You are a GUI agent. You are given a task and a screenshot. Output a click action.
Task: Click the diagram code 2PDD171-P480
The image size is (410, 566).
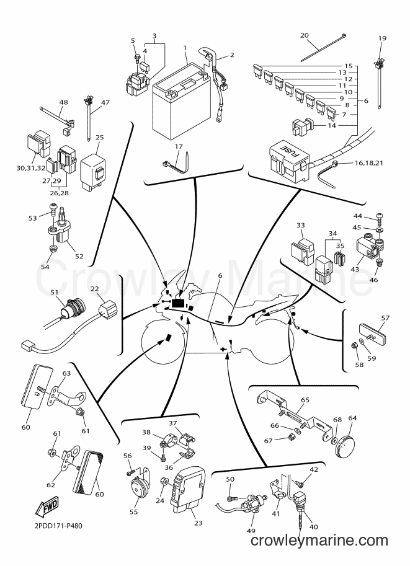pos(58,526)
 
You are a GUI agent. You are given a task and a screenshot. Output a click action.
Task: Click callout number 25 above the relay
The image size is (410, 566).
pos(100,137)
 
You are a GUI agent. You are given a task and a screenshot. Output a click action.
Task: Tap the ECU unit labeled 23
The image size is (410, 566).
pos(188,493)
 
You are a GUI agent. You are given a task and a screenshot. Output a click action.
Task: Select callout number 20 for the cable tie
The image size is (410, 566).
pos(305,35)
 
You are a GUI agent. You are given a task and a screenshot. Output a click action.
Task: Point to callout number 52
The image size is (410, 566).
pos(79,256)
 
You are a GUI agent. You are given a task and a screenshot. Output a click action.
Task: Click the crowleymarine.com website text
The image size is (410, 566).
pos(319,541)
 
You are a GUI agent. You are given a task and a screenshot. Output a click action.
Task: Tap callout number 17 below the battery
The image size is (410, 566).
pos(179,146)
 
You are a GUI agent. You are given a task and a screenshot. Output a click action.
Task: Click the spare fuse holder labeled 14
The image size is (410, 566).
pos(303,126)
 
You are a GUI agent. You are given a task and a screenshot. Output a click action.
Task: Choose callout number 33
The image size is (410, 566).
pos(301,225)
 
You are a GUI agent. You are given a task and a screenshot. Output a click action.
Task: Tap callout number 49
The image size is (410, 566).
pos(251,530)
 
